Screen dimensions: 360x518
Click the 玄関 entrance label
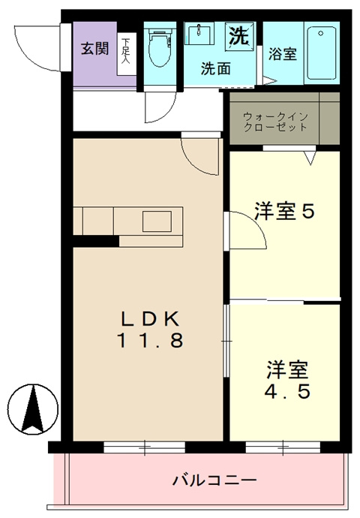click(x=95, y=49)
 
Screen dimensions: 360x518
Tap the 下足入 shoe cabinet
click(x=127, y=54)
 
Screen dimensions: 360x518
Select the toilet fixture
click(x=160, y=47)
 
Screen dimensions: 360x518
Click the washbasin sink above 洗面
click(x=199, y=33)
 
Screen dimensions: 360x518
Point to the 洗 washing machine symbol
click(x=239, y=36)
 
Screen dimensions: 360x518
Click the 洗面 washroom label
click(x=216, y=68)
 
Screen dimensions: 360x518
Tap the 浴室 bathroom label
click(x=283, y=54)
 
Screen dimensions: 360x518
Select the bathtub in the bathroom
click(x=322, y=53)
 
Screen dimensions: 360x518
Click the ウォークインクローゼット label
click(x=275, y=122)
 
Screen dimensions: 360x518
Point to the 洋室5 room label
click(x=284, y=211)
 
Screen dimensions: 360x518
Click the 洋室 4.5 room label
click(x=287, y=380)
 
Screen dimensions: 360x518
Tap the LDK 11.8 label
click(x=150, y=330)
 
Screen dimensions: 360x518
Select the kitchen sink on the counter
click(x=157, y=221)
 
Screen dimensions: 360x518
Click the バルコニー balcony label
click(x=214, y=480)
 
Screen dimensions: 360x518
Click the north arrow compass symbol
click(x=33, y=409)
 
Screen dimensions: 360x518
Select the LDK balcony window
click(x=144, y=447)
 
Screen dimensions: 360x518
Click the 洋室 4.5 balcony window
click(x=283, y=447)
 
